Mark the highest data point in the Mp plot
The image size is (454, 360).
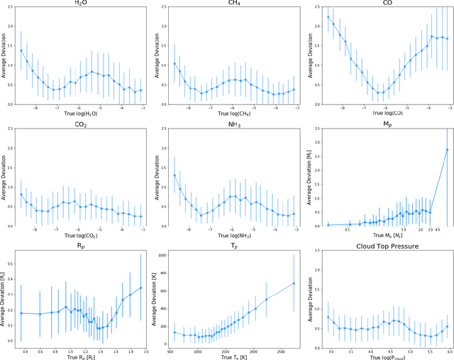tap(447, 149)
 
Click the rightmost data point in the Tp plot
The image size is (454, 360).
tap(293, 283)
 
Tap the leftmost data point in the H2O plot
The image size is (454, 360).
tap(21, 50)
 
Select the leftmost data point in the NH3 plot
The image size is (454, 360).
tap(175, 175)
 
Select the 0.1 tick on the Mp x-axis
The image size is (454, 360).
tap(348, 229)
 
